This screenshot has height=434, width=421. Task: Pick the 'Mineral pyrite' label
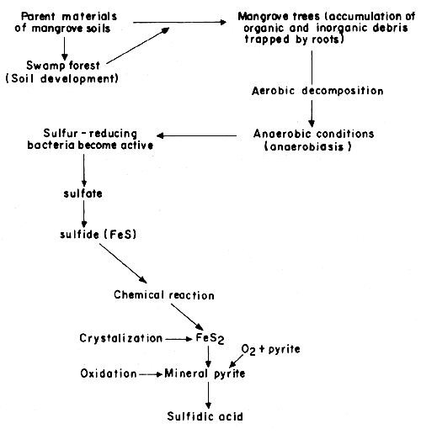click(207, 373)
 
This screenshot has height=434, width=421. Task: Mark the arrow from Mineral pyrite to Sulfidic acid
click(207, 394)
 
